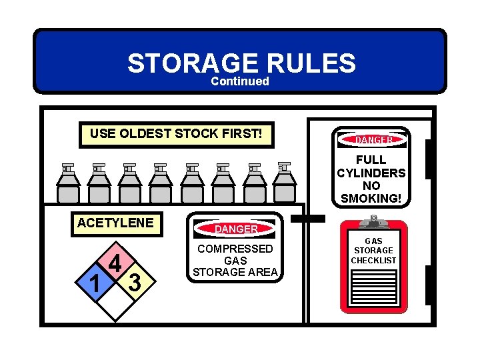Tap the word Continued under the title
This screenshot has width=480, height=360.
click(x=240, y=81)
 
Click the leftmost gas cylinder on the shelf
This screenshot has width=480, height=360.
click(x=67, y=185)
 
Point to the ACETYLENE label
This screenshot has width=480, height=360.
click(x=115, y=223)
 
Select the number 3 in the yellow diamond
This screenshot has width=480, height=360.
click(x=135, y=283)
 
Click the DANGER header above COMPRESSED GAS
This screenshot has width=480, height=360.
click(x=236, y=229)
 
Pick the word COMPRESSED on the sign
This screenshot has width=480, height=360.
click(x=236, y=249)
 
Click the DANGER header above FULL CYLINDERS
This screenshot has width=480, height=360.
click(x=371, y=140)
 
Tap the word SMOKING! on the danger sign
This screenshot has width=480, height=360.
click(x=371, y=198)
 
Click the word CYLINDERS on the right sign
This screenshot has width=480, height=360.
click(x=371, y=173)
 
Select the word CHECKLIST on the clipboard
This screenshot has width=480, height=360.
click(x=373, y=260)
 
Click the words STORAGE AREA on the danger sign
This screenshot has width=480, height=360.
click(x=236, y=272)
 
